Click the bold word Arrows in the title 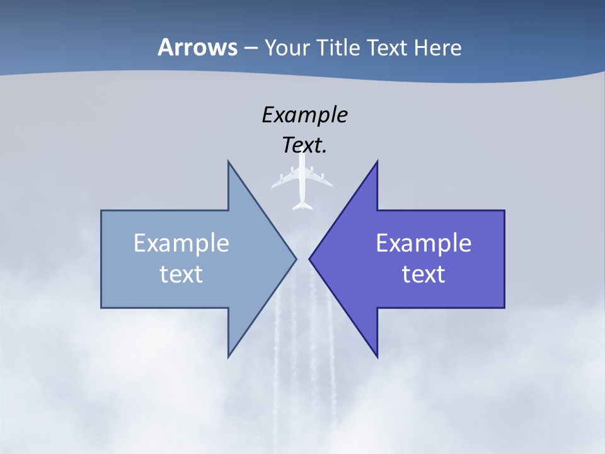point(197,48)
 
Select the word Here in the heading point(437,48)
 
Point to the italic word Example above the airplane point(304,115)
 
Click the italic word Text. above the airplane point(304,146)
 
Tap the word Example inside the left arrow point(181,243)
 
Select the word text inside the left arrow point(181,274)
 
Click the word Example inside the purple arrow point(423,243)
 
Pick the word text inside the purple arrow point(423,274)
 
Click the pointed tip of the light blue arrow point(296,259)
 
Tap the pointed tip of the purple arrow point(309,259)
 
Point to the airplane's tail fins point(302,205)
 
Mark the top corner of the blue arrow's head point(228,161)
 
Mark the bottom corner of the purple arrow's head point(377,357)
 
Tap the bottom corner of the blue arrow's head point(228,357)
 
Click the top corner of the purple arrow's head point(377,161)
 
